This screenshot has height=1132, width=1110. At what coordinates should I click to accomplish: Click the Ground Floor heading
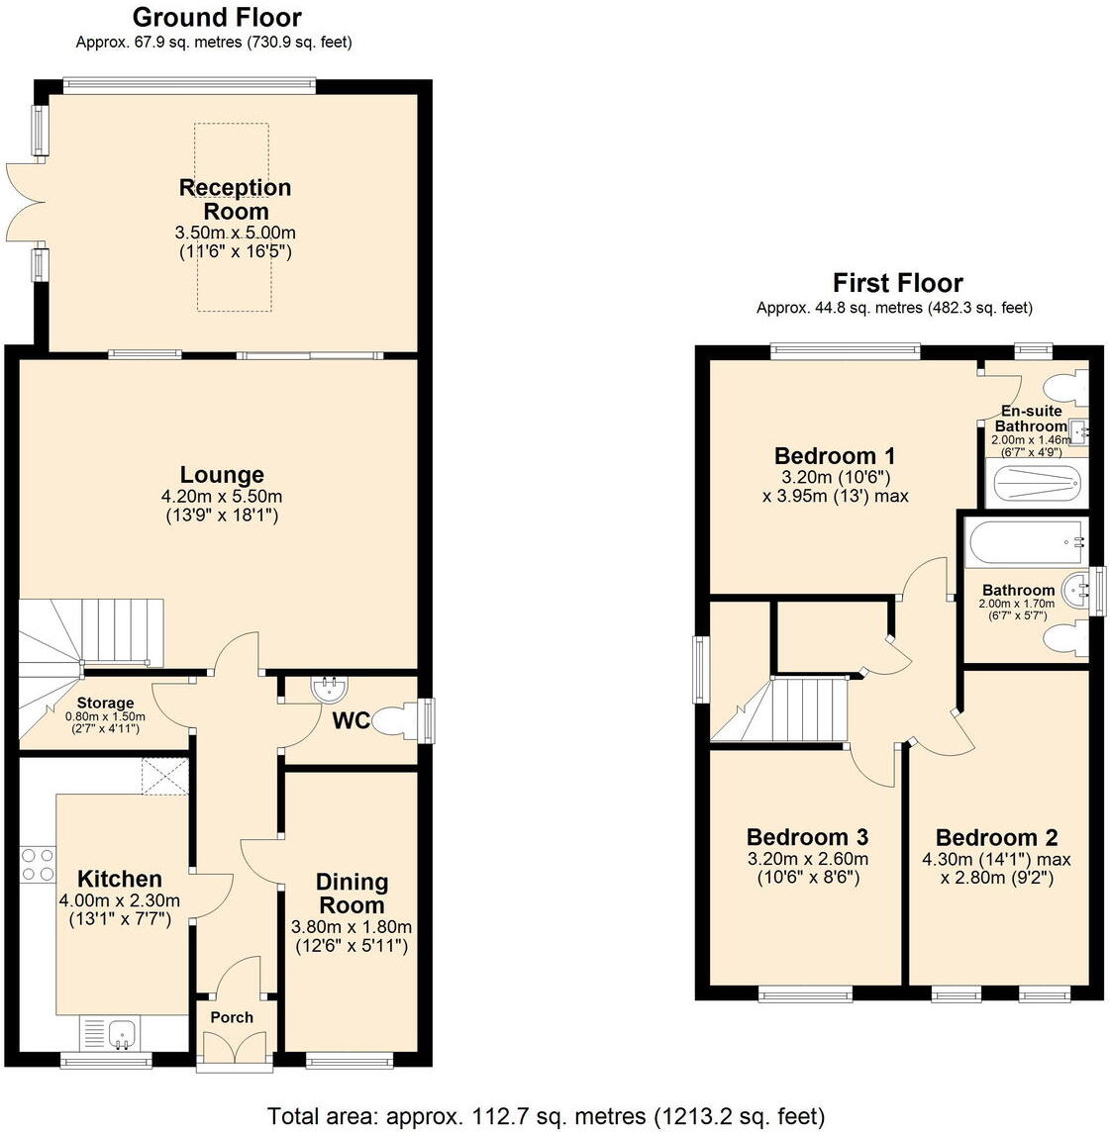[216, 18]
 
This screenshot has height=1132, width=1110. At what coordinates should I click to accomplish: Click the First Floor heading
[897, 283]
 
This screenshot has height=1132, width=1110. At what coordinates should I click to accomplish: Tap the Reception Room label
[236, 199]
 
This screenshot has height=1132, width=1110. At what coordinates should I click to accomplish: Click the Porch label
[232, 1017]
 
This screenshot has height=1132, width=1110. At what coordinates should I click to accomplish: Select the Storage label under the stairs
[105, 703]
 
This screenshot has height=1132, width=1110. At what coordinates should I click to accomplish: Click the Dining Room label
[352, 894]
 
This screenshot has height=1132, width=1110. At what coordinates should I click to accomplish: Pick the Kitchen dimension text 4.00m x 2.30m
[120, 900]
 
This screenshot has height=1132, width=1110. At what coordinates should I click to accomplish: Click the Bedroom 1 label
[835, 456]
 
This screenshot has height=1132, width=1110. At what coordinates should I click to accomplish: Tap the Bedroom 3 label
[807, 836]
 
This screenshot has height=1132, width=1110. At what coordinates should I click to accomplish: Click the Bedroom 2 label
[996, 836]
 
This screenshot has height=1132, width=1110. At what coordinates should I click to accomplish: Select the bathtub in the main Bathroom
[1025, 542]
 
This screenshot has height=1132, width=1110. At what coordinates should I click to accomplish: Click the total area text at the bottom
[546, 1116]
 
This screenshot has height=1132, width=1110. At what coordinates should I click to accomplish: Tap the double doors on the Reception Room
[26, 203]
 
